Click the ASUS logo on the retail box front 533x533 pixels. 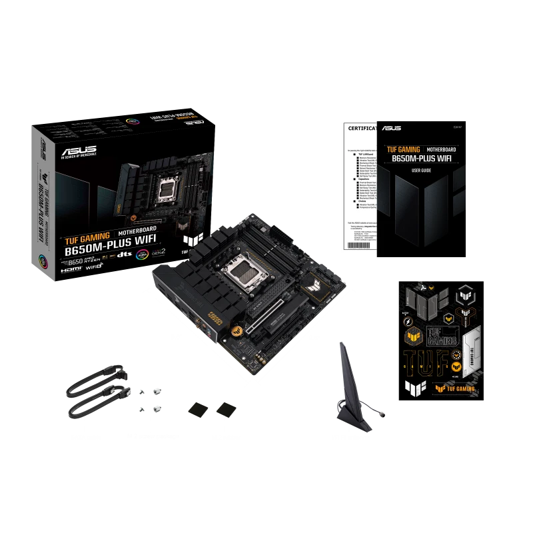point(79,151)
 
